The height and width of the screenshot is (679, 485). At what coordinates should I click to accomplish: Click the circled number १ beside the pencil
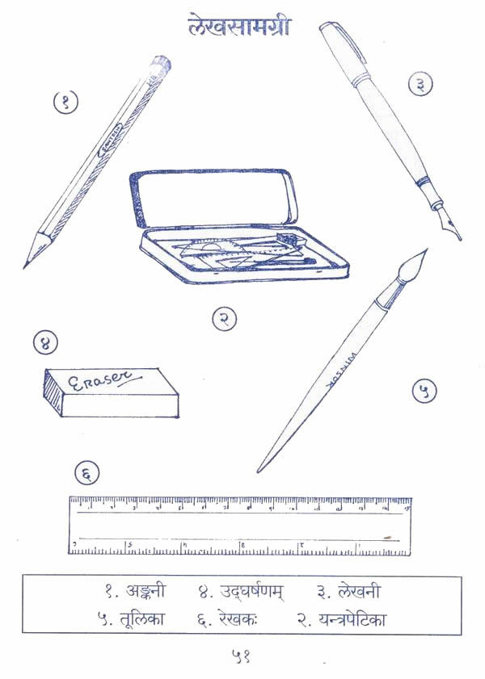(65, 102)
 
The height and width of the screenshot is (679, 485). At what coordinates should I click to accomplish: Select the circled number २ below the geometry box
(225, 319)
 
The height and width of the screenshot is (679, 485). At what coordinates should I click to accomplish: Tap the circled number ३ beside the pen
(420, 84)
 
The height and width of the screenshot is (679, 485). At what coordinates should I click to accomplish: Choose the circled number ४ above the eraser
(46, 342)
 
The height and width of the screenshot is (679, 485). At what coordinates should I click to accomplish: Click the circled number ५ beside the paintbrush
(424, 392)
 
